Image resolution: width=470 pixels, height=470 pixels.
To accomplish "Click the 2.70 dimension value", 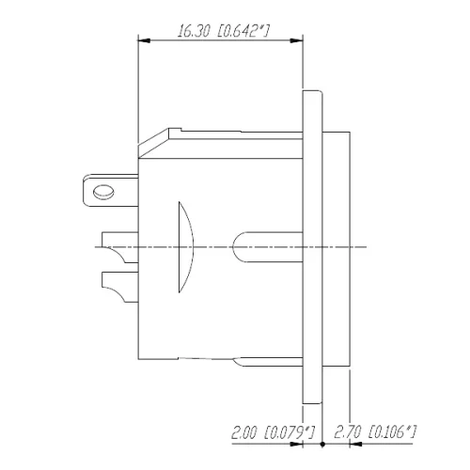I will click(x=347, y=433).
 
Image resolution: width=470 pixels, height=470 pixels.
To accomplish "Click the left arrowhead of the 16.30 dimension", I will click(x=143, y=40).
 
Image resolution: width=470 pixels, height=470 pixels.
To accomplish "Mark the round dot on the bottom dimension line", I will click(x=322, y=442).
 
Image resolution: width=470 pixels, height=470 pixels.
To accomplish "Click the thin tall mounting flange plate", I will click(x=312, y=244).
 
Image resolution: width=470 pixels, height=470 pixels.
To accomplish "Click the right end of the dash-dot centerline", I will click(x=368, y=246).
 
